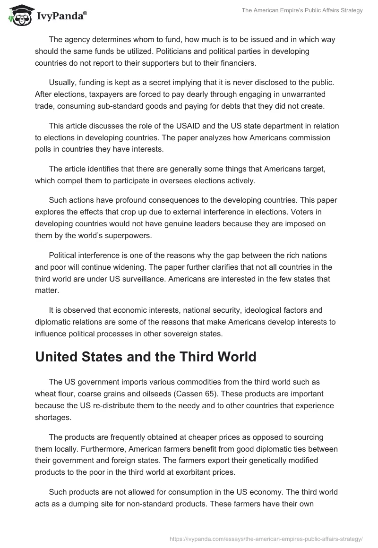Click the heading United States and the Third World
[x=146, y=357]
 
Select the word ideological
[x=278, y=310]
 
